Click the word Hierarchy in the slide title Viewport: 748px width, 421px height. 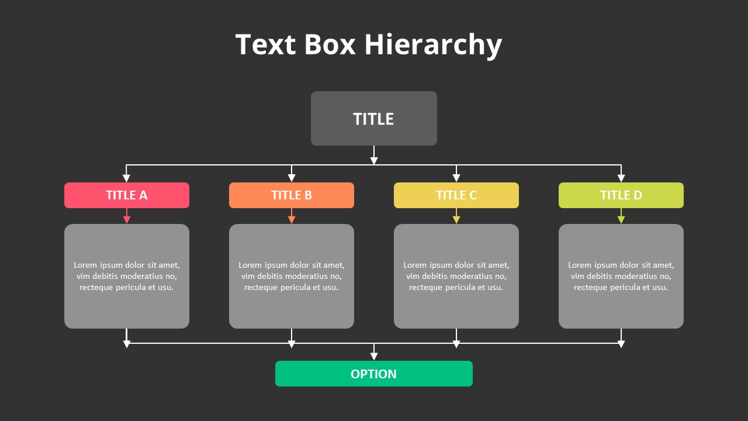433,45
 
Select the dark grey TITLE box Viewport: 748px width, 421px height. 373,118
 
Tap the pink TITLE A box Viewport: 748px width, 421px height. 127,195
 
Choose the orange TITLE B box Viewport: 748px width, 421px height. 292,195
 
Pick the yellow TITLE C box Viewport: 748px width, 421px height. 456,195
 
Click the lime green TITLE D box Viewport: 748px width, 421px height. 621,195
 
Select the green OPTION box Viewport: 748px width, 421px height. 373,374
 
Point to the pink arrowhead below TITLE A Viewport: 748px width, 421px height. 127,220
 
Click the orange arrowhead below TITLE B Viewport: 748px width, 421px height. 292,220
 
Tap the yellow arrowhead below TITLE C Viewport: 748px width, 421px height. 456,220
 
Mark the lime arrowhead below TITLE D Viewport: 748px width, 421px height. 621,220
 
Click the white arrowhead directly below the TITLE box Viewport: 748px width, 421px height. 374,161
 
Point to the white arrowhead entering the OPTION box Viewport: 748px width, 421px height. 374,357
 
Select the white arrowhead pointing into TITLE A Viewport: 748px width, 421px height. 126,178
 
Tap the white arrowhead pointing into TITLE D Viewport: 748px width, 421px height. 621,178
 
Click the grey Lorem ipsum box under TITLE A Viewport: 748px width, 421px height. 127,276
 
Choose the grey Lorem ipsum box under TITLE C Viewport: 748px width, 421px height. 456,276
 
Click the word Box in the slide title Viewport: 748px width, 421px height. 330,45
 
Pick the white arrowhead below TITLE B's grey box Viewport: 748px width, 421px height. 292,344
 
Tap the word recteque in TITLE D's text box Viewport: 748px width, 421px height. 590,288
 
